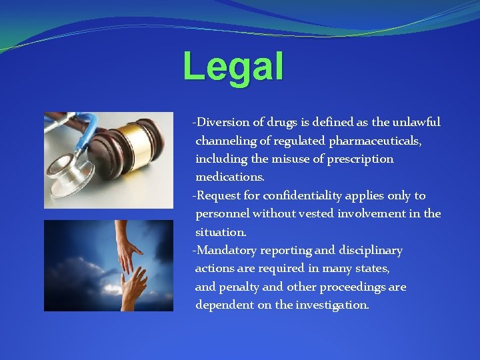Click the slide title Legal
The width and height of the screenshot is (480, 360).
(x=233, y=67)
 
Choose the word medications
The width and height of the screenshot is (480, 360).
(x=229, y=177)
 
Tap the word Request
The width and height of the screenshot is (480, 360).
(x=217, y=196)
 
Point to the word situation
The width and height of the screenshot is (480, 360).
(x=221, y=232)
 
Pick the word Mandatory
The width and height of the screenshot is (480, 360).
(x=224, y=251)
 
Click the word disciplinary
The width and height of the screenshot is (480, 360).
(x=371, y=251)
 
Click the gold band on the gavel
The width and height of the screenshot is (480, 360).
(x=139, y=143)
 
